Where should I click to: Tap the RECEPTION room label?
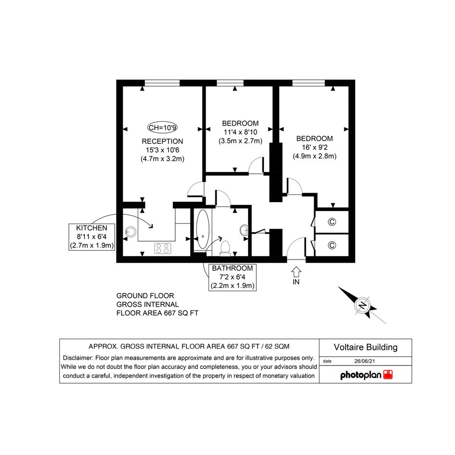click(162, 142)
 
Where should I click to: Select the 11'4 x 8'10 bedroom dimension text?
click(240, 132)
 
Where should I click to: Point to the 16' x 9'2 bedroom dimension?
click(314, 147)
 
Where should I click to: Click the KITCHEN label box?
click(91, 237)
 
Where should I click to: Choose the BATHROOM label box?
click(233, 277)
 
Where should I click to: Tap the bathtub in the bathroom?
click(203, 229)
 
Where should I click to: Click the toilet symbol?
click(225, 248)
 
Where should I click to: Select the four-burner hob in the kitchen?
click(163, 248)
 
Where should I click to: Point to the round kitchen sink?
click(131, 232)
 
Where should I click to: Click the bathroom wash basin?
click(244, 230)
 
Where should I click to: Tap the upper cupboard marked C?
click(332, 222)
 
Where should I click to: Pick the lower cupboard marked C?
click(332, 245)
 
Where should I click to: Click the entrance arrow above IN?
click(296, 272)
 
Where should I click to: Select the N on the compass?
click(362, 306)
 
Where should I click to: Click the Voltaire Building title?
click(365, 347)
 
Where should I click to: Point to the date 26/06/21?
click(364, 361)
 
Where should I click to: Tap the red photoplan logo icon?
click(388, 375)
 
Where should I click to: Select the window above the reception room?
click(162, 83)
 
